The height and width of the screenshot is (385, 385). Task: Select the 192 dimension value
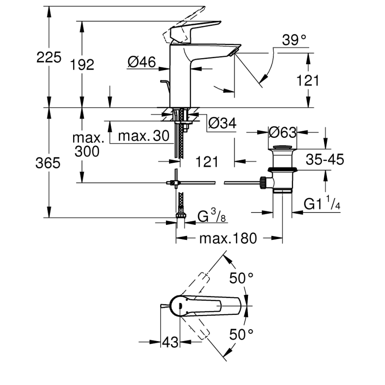pyautogui.click(x=82, y=65)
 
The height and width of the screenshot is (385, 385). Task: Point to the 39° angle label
pyautogui.click(x=294, y=40)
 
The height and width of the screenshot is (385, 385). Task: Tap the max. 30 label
pyautogui.click(x=140, y=136)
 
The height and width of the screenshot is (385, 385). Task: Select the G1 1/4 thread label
pyautogui.click(x=322, y=204)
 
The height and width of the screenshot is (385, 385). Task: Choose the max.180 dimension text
pyautogui.click(x=228, y=239)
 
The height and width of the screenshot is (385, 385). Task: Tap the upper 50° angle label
pyautogui.click(x=241, y=279)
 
